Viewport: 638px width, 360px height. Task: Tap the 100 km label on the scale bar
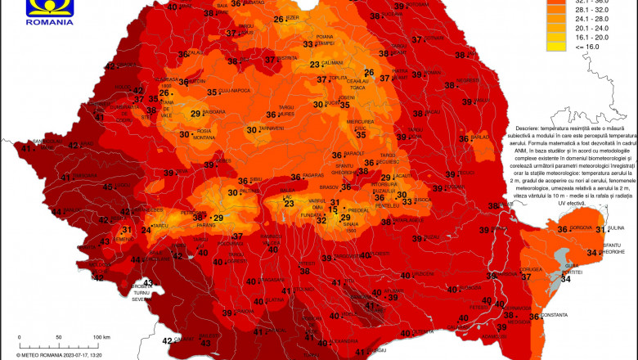click(101, 337)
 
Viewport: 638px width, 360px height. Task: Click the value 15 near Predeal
click(332, 210)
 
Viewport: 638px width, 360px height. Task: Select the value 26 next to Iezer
click(279, 20)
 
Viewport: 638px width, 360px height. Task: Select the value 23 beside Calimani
click(314, 65)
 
